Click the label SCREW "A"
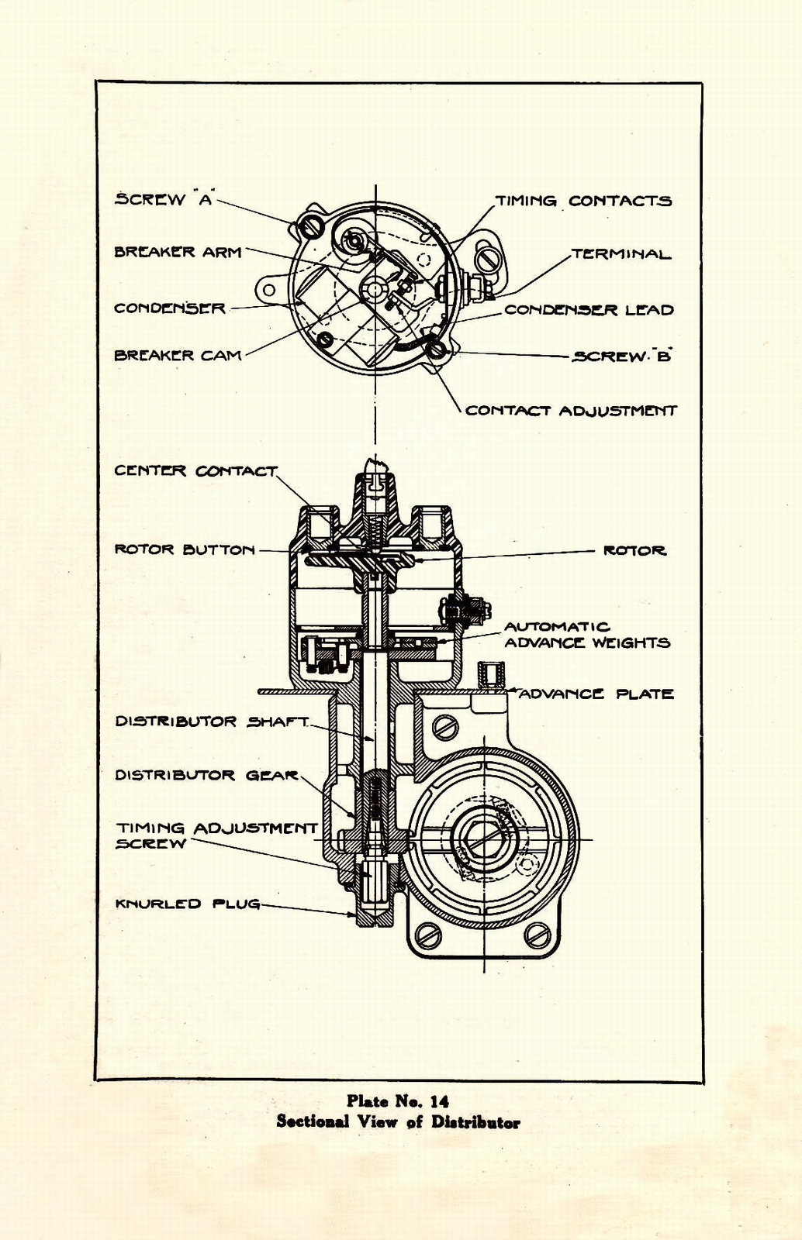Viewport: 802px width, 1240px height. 164,199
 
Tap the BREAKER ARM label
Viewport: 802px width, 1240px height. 178,252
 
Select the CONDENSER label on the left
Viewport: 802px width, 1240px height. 170,308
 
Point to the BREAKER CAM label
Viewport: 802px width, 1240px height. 178,356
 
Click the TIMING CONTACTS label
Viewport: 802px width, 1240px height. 583,201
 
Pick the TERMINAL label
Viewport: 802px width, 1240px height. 621,254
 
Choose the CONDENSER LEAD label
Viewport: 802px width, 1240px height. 589,310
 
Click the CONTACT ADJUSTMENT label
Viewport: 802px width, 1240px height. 571,411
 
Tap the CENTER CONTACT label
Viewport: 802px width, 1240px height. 195,471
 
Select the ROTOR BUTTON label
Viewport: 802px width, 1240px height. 185,549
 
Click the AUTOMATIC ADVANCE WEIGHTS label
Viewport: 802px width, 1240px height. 586,635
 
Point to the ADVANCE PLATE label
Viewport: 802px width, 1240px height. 596,694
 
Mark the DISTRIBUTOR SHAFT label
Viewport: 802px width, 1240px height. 211,722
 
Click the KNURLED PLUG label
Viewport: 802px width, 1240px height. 187,904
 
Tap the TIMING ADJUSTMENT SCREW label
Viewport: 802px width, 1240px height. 216,835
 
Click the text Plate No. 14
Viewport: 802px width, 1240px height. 397,1101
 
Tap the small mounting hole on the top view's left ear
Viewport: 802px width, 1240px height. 269,290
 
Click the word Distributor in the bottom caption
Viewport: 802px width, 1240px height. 475,1122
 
